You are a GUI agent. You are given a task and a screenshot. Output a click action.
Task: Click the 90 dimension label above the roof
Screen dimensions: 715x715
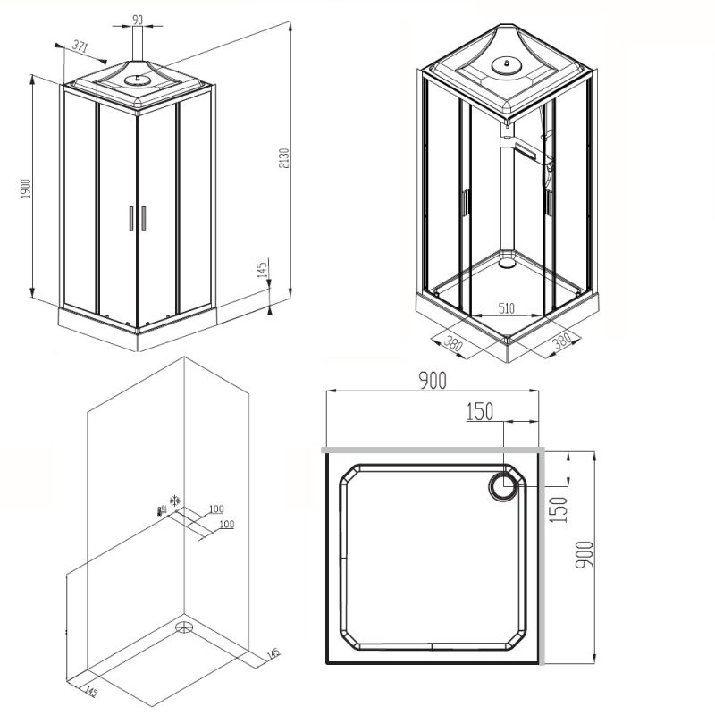(x=137, y=21)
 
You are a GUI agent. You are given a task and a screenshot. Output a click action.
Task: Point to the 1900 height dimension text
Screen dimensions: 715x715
(x=26, y=190)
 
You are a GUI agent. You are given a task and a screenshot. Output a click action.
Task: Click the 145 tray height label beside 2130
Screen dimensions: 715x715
(x=263, y=272)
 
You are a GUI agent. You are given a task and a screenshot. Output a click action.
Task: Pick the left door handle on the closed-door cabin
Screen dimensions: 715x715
(x=130, y=217)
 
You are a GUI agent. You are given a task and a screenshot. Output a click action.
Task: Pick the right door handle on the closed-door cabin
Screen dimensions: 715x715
(x=143, y=217)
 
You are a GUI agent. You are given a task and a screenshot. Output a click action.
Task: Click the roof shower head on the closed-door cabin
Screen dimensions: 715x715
(x=137, y=79)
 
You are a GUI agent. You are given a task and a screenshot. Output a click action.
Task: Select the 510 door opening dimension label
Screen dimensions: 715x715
(x=506, y=308)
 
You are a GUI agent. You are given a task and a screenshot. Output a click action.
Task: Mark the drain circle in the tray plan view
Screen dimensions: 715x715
(x=504, y=487)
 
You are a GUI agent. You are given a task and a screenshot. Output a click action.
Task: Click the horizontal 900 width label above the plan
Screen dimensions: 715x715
(x=432, y=381)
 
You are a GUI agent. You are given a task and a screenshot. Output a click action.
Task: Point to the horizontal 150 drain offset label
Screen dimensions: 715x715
(x=479, y=411)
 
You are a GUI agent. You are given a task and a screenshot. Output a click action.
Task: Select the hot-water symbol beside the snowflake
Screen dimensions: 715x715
(x=161, y=510)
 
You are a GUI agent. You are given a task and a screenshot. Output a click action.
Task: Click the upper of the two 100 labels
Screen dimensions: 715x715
(x=215, y=509)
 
